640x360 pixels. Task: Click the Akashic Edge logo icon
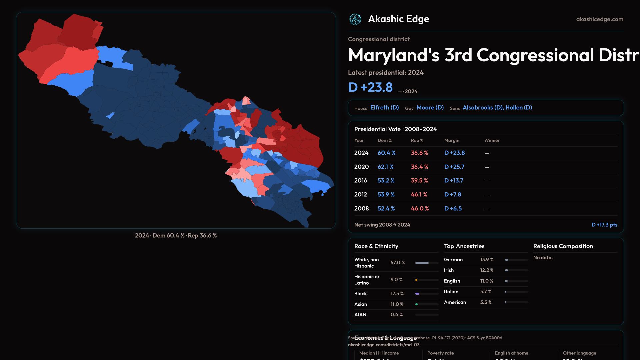355,19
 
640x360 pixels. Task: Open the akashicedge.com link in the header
600,19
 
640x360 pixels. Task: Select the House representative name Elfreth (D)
384,108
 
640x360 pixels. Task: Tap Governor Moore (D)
430,108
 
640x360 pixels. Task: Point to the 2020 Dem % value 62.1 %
385,167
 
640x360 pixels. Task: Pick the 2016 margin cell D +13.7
454,181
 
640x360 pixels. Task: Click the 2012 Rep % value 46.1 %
419,195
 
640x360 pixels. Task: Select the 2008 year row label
361,209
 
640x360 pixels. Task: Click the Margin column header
452,141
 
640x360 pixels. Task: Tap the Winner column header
492,141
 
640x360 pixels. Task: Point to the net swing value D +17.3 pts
604,225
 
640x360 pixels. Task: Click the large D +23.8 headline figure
370,87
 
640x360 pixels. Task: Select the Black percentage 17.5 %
397,294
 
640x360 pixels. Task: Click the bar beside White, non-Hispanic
427,263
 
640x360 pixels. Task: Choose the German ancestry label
453,260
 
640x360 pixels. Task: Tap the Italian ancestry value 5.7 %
486,292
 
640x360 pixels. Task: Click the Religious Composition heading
563,246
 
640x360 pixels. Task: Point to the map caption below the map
176,236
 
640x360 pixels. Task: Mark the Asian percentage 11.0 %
397,304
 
